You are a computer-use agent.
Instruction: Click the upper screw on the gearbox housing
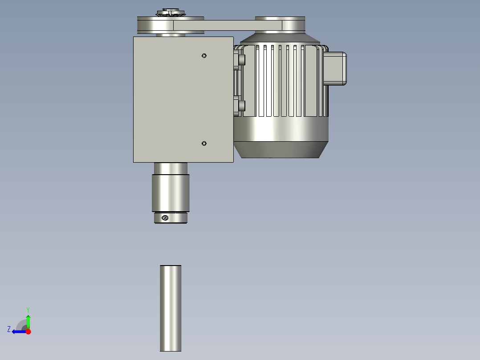click(x=204, y=55)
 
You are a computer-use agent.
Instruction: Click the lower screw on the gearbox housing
click(x=204, y=143)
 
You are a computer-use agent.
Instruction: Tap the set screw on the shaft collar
click(x=165, y=217)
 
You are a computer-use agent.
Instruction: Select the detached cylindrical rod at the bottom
click(x=171, y=308)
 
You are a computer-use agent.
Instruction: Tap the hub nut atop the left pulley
click(x=170, y=12)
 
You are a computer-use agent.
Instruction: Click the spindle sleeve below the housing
click(x=171, y=192)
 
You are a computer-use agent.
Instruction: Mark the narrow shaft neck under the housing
click(x=171, y=168)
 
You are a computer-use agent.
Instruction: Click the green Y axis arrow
click(x=28, y=320)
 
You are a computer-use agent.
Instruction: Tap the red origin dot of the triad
click(x=28, y=331)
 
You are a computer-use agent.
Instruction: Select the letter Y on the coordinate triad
click(x=28, y=309)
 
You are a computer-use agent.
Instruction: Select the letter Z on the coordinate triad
click(x=9, y=329)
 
